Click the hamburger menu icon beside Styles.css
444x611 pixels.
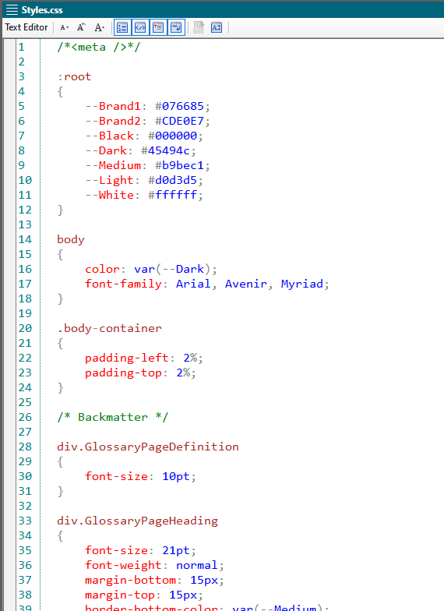click(x=12, y=9)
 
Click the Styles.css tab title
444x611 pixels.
click(x=42, y=10)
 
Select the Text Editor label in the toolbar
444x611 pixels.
click(x=26, y=27)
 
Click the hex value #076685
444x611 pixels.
click(x=179, y=106)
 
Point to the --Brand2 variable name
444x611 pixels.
click(x=113, y=121)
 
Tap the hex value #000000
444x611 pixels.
click(x=173, y=136)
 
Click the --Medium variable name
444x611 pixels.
click(x=113, y=165)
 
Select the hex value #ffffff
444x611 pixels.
click(x=173, y=195)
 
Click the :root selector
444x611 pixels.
click(x=74, y=76)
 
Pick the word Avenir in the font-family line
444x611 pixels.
click(x=246, y=284)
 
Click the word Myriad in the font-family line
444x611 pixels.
click(x=302, y=284)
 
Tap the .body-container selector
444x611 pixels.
click(x=109, y=328)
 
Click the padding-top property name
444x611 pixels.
click(x=123, y=373)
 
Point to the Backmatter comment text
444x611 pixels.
click(x=113, y=417)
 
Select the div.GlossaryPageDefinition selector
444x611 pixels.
click(x=148, y=447)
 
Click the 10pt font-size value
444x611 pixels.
click(x=176, y=476)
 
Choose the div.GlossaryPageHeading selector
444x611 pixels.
click(x=137, y=521)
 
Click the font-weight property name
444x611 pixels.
click(x=123, y=565)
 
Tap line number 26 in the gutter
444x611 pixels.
click(x=25, y=417)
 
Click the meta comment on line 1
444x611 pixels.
click(x=98, y=47)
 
